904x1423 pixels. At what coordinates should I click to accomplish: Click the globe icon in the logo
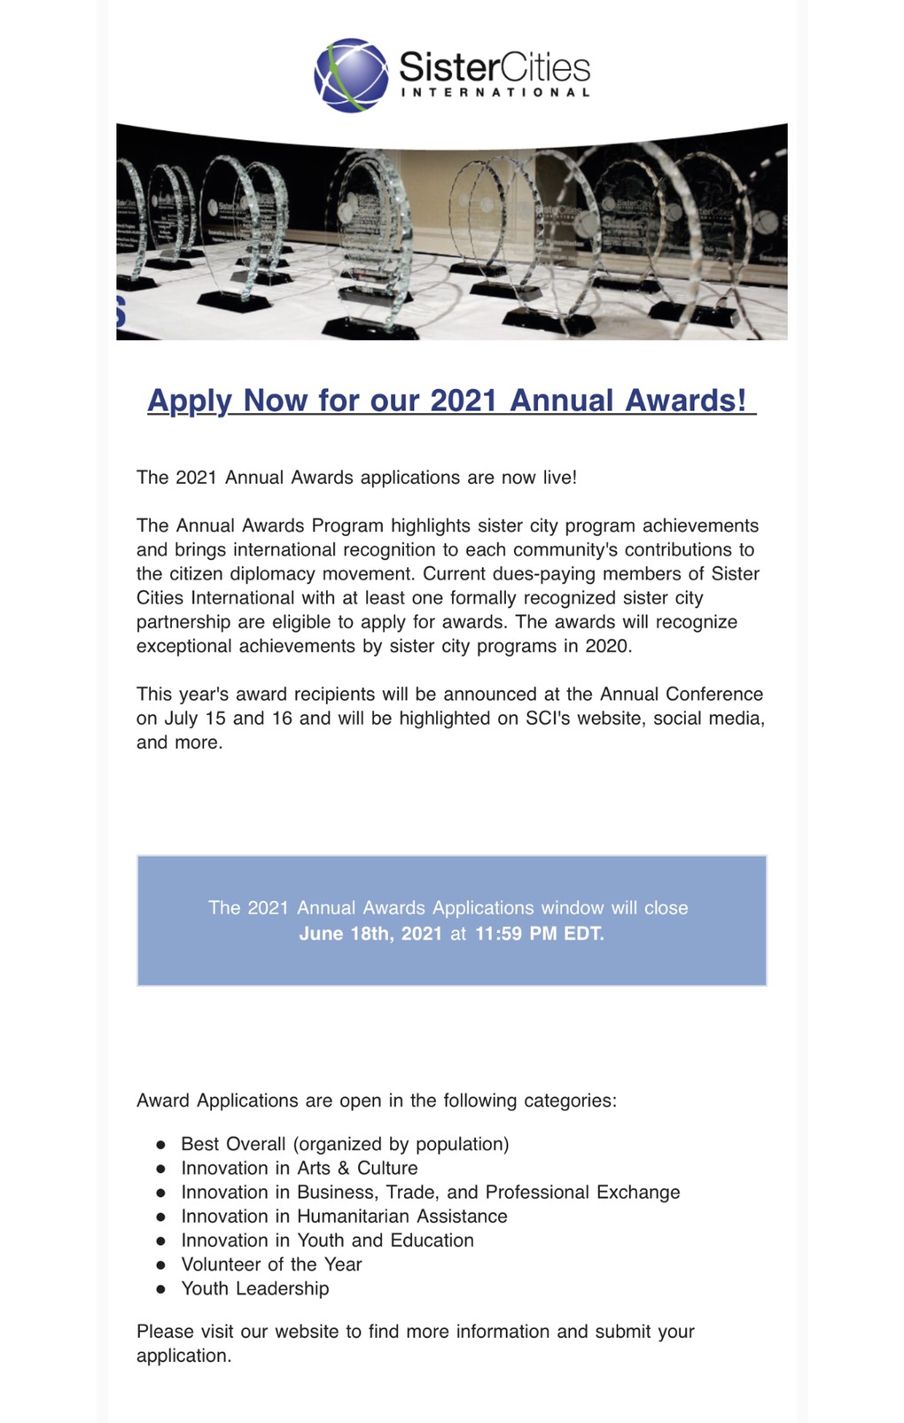tap(351, 74)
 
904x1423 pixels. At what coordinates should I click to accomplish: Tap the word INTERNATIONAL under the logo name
tap(495, 92)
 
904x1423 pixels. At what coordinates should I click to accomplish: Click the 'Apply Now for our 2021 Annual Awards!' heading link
tap(451, 400)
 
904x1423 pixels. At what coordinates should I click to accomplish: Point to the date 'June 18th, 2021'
tap(370, 934)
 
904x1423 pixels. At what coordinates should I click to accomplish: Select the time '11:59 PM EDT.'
tap(540, 934)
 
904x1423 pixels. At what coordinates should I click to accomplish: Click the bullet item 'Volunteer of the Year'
tap(271, 1264)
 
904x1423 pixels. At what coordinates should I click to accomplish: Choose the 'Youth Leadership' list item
tap(254, 1288)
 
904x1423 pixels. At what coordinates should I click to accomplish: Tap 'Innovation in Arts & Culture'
tap(299, 1168)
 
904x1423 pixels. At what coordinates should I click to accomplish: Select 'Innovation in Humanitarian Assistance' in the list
tap(344, 1217)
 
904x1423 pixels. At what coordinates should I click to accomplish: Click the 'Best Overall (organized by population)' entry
tap(345, 1144)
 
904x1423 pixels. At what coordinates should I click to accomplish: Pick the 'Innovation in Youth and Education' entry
tap(327, 1240)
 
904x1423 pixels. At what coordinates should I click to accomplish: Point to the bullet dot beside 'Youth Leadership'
tap(160, 1289)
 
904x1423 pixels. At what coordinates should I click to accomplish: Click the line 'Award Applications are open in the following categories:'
tap(376, 1100)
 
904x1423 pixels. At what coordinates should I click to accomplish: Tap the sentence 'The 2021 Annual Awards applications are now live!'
tap(356, 478)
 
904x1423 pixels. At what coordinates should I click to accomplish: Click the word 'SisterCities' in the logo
tap(495, 67)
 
